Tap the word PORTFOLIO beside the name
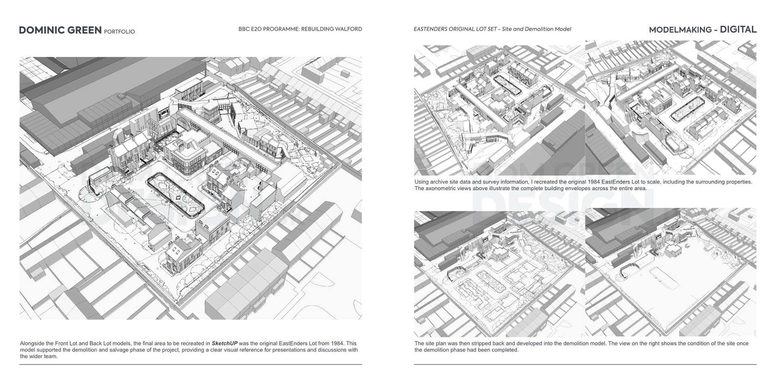[119, 32]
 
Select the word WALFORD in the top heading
[348, 29]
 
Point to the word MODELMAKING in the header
[675, 30]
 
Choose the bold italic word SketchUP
[224, 344]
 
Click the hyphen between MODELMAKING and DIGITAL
[716, 30]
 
